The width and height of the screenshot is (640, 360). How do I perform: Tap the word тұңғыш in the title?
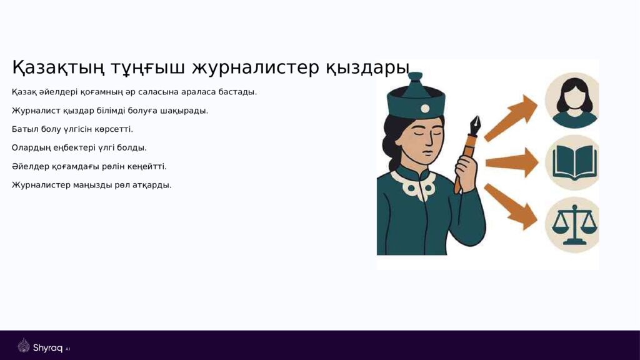coord(147,67)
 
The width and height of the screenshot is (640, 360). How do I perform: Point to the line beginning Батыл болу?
coord(72,129)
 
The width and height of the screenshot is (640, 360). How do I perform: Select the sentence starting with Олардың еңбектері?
coord(79,148)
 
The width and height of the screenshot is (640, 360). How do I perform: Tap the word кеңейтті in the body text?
coord(147,167)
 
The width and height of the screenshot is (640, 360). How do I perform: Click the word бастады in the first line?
coord(237,92)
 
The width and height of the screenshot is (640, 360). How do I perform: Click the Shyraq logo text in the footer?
coord(47,347)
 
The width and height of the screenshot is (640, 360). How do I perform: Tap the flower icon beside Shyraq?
coord(24,346)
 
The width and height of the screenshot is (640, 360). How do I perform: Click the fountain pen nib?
coord(475,126)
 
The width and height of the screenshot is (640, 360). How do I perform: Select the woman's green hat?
coord(415,97)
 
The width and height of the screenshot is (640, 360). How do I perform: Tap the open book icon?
coord(571,162)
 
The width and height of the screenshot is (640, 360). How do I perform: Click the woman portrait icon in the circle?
coord(571,101)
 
